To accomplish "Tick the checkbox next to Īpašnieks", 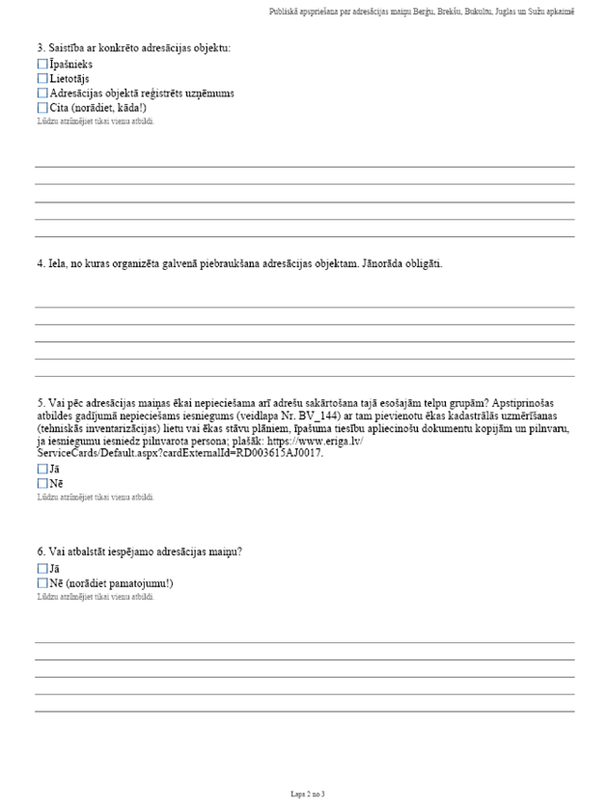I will coord(41,64).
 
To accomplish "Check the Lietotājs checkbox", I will coord(41,78).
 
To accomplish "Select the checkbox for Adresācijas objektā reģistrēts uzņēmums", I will coord(41,93).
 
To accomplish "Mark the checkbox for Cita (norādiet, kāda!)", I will coord(41,107).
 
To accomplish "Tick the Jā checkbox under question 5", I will coord(41,469).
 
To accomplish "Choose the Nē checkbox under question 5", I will coord(41,483).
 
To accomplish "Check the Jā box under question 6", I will coord(41,569).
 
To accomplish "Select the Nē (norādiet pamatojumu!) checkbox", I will coord(41,583).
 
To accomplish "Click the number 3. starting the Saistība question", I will coord(41,47).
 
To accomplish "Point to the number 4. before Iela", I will coord(41,263).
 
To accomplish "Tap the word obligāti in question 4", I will coord(422,263).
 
